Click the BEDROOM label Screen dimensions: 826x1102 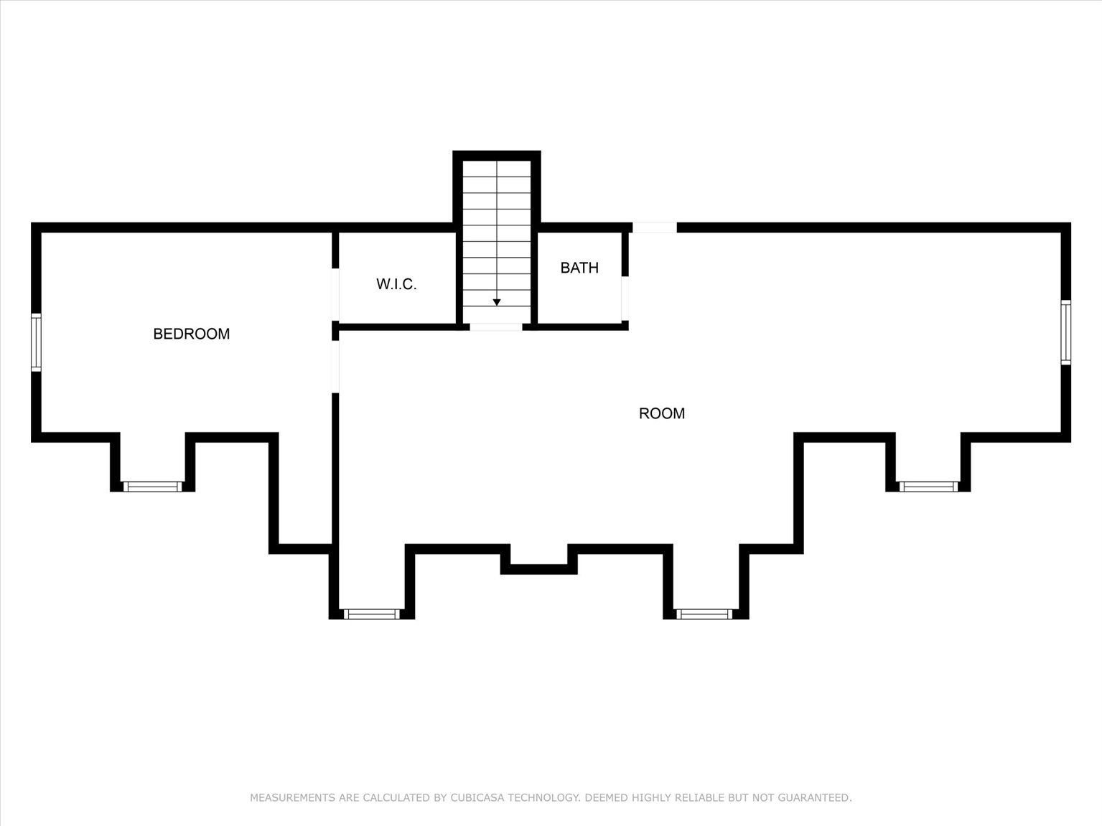pos(191,334)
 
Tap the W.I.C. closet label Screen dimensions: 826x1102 pos(396,284)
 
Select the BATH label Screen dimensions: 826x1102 pos(579,268)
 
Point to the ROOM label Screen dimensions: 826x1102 pos(661,413)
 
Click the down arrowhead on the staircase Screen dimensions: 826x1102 pos(497,303)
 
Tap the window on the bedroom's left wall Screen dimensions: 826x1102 pos(36,342)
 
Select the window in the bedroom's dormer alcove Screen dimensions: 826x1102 pos(152,487)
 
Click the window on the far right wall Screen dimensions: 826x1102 pos(1066,332)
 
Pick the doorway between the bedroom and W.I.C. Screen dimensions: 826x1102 pos(335,294)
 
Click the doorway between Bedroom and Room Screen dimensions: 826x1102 pos(335,367)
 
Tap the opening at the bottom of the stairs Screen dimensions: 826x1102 pos(496,327)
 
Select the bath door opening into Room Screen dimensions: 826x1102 pos(625,298)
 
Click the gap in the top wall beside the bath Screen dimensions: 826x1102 pos(654,227)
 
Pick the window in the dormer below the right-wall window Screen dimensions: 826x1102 pos(928,487)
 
